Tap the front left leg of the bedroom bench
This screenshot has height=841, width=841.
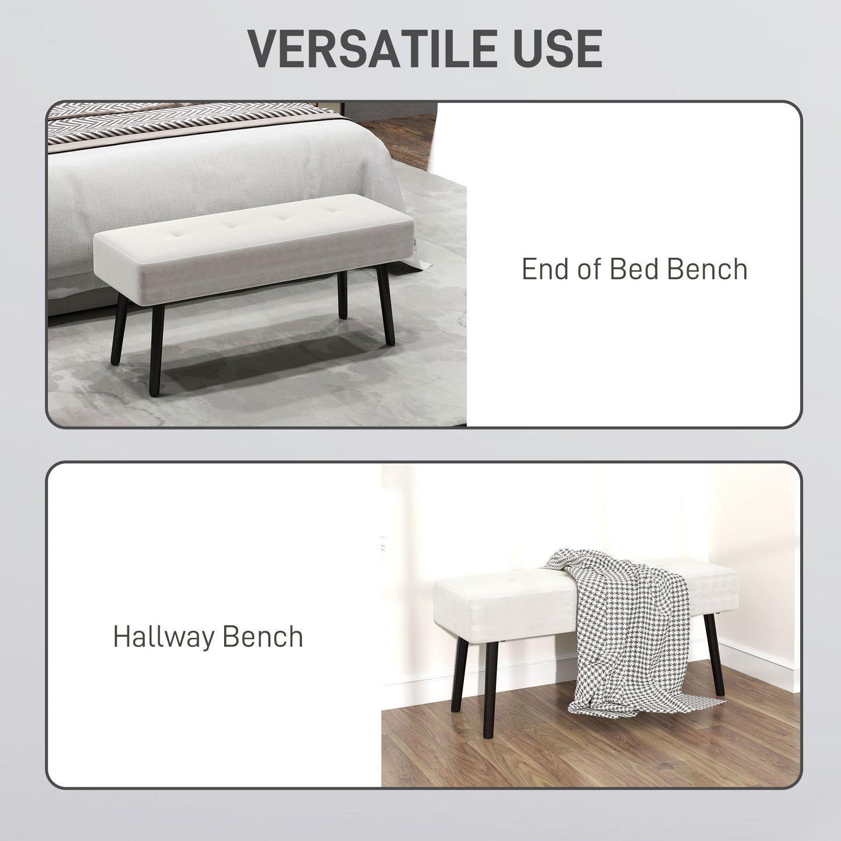point(155,349)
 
